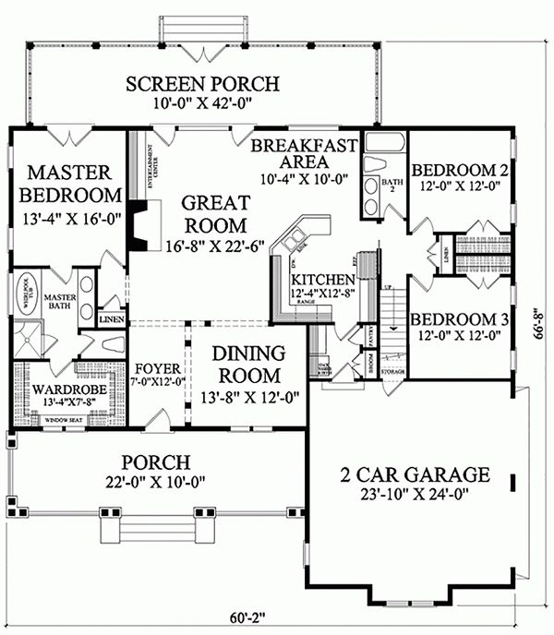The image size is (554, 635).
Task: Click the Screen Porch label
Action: pyautogui.click(x=202, y=85)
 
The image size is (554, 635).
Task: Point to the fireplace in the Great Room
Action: pyautogui.click(x=141, y=224)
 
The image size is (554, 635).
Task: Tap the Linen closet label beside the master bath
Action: pyautogui.click(x=111, y=319)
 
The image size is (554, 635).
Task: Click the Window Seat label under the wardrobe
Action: pyautogui.click(x=66, y=420)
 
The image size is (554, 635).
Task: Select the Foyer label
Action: pyautogui.click(x=157, y=365)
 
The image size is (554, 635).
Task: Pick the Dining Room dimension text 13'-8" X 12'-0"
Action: pyautogui.click(x=248, y=398)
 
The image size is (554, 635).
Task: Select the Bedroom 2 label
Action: pyautogui.click(x=460, y=171)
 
